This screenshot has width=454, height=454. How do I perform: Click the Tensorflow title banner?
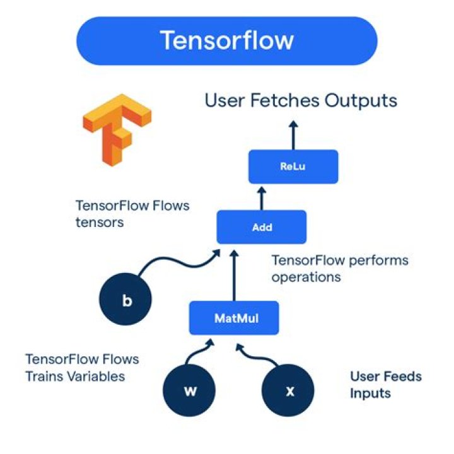(x=226, y=41)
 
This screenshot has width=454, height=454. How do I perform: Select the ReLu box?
(x=293, y=166)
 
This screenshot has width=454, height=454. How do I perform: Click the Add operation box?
(x=261, y=227)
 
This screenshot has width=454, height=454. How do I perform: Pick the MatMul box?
(x=234, y=318)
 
